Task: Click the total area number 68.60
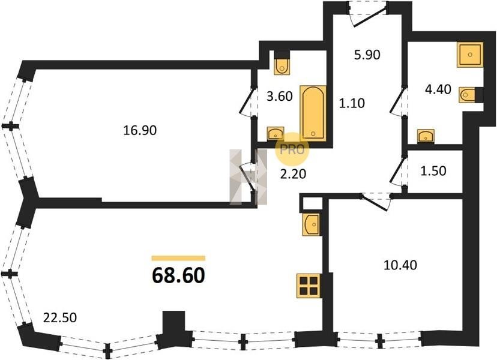point(178,275)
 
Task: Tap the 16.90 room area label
point(140,130)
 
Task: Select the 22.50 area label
point(60,317)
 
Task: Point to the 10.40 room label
point(400,265)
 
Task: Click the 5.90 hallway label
point(367,55)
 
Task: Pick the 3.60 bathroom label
point(280,96)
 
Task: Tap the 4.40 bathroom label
point(438,89)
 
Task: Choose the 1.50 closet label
point(433,171)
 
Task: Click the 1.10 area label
point(352,103)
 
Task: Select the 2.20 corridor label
point(293,173)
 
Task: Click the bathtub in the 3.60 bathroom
point(313,113)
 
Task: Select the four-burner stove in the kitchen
point(309,286)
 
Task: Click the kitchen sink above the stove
point(312,224)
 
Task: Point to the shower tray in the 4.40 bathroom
point(470,55)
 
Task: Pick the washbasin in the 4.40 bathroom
point(426,136)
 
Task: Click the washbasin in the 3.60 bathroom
point(276,133)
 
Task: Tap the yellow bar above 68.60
point(178,258)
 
